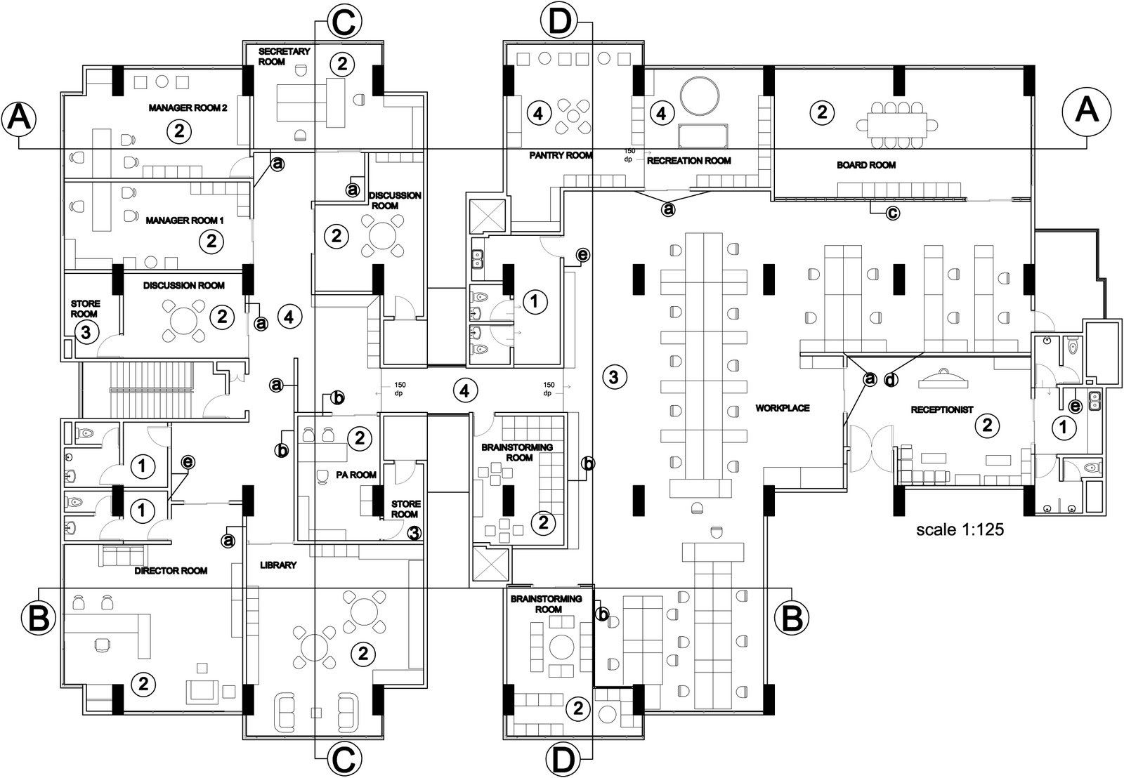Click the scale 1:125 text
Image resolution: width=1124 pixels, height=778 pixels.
point(960,530)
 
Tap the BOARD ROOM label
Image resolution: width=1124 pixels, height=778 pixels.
point(865,165)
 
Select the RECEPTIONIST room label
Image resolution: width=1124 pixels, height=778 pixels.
point(941,409)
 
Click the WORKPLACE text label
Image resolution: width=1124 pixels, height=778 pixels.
point(783,408)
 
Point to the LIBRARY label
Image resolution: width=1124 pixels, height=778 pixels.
point(278,565)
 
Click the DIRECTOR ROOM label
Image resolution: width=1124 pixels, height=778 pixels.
point(171,571)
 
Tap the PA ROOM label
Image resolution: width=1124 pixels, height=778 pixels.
point(356,475)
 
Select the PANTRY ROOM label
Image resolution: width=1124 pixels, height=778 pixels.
point(561,155)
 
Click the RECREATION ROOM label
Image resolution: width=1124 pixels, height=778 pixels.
point(689,161)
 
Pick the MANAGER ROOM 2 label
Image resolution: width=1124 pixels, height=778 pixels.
point(188,108)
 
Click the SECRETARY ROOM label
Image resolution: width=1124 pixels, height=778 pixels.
point(275,56)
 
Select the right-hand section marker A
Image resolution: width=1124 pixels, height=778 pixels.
point(1085,111)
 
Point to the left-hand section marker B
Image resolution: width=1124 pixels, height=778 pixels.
point(38,619)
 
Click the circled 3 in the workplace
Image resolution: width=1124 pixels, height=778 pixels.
point(613,377)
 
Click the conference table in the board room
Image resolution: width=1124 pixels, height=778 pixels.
point(897,125)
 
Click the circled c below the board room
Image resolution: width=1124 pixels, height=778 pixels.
point(891,213)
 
